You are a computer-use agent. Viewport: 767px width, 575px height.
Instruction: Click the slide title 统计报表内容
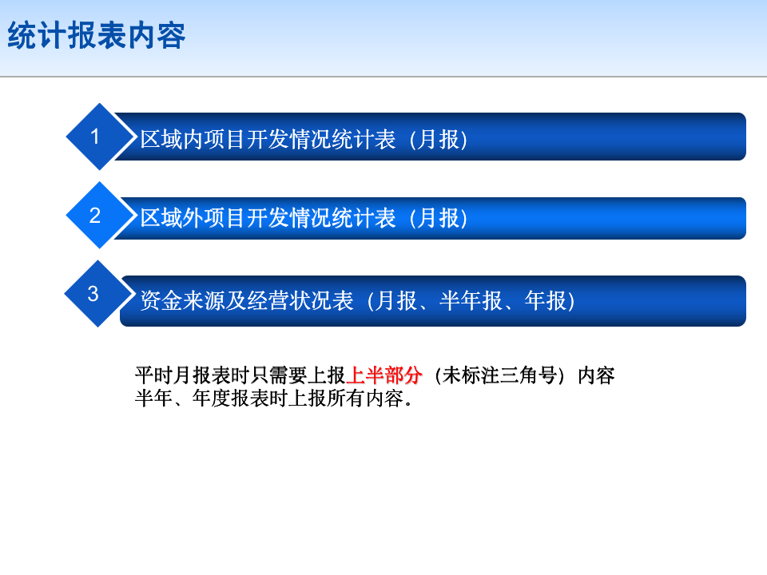click(97, 35)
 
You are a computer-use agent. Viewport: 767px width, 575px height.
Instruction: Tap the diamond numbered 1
click(99, 137)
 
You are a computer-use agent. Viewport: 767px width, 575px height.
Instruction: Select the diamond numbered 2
click(99, 215)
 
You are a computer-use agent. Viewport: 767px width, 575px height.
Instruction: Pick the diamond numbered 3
click(97, 293)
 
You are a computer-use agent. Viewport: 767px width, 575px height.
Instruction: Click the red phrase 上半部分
click(384, 375)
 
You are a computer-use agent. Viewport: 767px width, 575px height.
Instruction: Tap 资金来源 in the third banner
click(182, 301)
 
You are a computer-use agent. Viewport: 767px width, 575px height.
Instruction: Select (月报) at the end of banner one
click(439, 139)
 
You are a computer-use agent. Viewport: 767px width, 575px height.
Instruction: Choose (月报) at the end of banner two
click(439, 218)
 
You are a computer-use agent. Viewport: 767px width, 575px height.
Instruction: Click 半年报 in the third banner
click(471, 301)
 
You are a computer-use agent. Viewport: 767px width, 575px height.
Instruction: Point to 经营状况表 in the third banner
click(300, 301)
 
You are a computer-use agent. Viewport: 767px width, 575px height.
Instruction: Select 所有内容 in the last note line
click(365, 399)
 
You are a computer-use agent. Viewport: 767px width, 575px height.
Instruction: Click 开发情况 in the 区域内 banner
click(288, 139)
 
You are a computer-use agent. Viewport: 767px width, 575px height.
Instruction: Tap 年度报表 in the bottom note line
click(230, 399)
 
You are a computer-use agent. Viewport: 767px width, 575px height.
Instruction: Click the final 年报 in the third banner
click(546, 301)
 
